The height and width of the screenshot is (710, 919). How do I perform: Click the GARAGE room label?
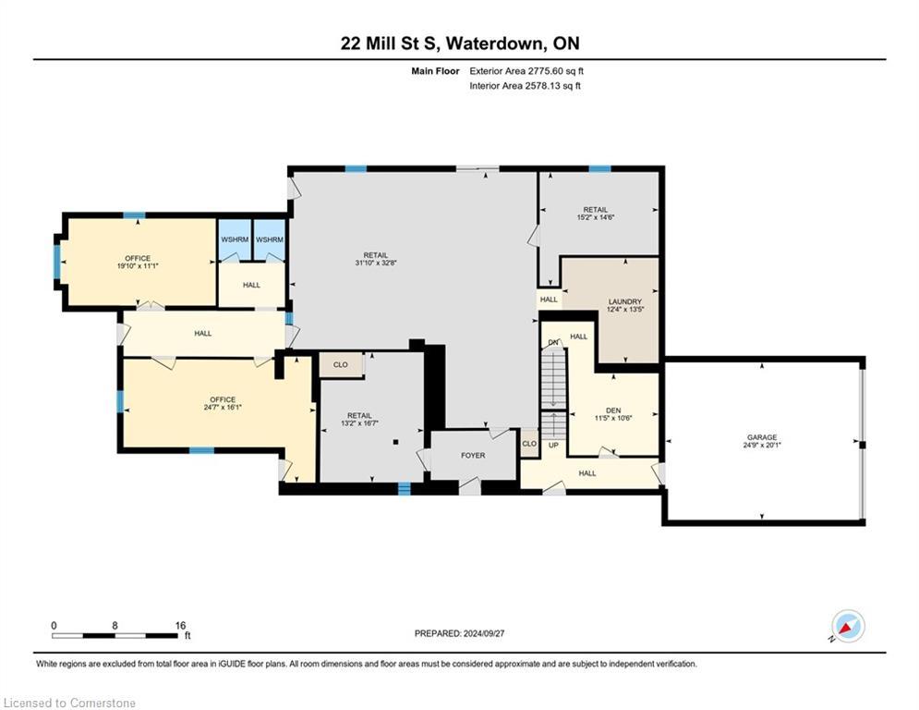[762, 437]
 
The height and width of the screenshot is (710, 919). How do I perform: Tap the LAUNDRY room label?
[624, 301]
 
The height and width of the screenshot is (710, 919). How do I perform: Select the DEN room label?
[612, 410]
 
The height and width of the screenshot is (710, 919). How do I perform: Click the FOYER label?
[473, 456]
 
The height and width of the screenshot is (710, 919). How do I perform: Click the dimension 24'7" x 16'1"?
[222, 407]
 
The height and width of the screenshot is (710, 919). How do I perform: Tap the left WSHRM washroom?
[234, 240]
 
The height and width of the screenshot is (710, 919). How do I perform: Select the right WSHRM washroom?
[270, 240]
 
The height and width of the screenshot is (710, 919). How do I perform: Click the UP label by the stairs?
[553, 445]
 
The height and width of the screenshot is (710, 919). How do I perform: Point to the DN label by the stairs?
[553, 343]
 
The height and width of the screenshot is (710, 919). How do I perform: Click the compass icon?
[847, 627]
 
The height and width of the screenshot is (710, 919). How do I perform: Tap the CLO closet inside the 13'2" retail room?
[341, 365]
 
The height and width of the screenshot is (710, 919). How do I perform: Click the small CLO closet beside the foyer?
[529, 444]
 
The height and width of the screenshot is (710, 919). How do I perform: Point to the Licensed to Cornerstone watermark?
[70, 704]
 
